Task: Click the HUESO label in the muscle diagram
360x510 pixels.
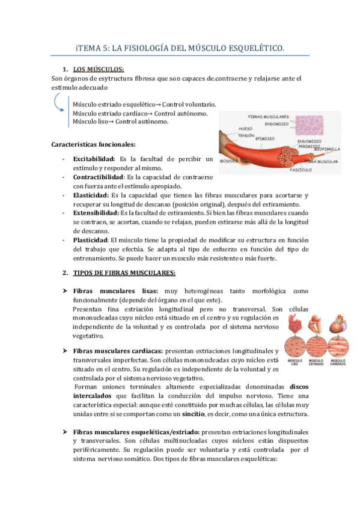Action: pos(246,128)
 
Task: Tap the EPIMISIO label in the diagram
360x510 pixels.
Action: pos(264,139)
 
